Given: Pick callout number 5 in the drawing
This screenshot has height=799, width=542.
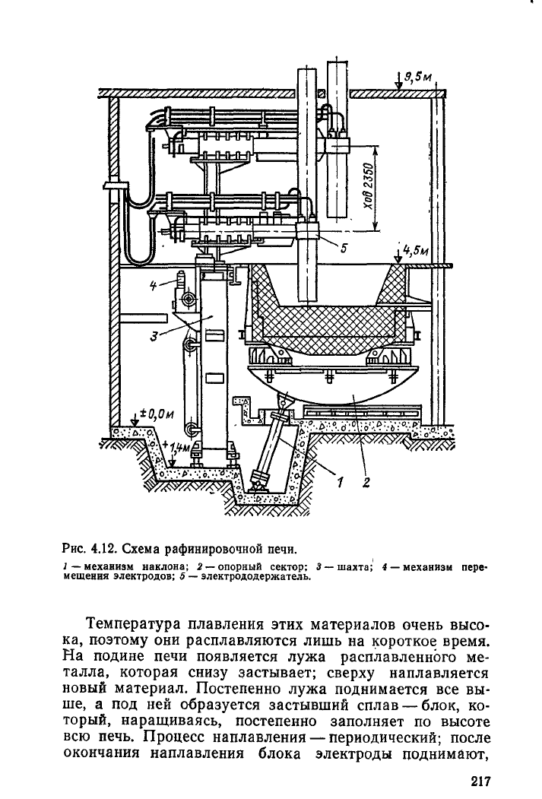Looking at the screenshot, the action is (344, 248).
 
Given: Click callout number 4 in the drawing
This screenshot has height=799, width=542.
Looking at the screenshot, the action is (154, 285).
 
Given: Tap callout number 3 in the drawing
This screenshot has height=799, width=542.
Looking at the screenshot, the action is (154, 337).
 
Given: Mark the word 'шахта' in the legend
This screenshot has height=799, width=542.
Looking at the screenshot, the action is (355, 567).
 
